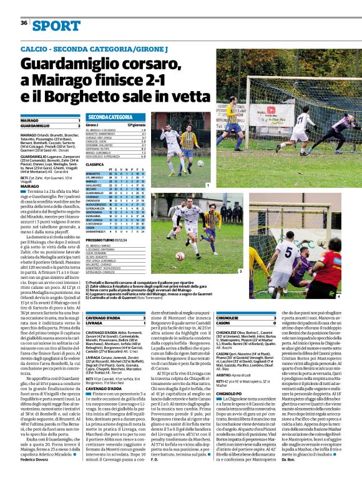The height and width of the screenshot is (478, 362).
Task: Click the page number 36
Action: [x=24, y=22]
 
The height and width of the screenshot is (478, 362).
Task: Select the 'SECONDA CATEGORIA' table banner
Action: [x=109, y=117]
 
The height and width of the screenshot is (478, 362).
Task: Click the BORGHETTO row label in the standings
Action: [x=93, y=173]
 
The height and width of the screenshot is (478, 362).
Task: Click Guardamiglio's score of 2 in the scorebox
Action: [x=79, y=125]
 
